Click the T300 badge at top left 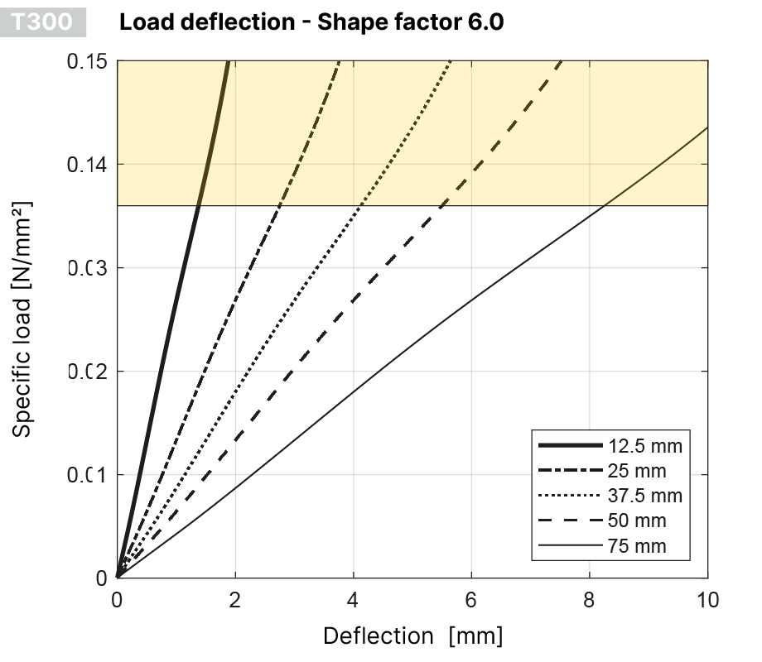click(49, 22)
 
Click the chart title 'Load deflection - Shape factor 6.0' click(311, 22)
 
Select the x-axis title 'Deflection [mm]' click(412, 636)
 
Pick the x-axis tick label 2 click(235, 599)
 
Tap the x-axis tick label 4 click(354, 599)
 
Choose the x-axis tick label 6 click(471, 599)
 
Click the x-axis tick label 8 click(590, 599)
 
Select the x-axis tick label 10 click(707, 599)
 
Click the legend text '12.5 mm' click(644, 447)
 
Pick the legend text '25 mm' click(637, 472)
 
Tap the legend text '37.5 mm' click(644, 496)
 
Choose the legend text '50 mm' click(637, 521)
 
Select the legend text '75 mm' click(637, 546)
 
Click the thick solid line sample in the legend click(569, 447)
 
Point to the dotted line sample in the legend click(569, 496)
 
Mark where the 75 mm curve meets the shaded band click(605, 205)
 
